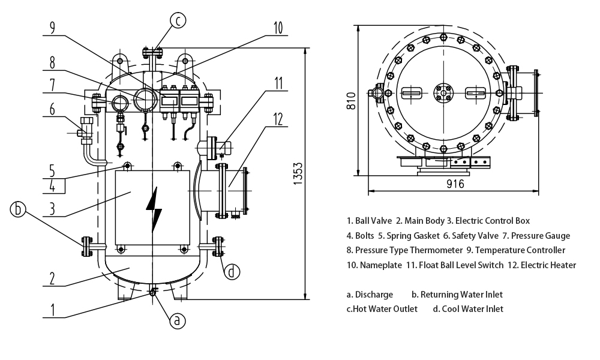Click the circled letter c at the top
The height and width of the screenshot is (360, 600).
point(178,21)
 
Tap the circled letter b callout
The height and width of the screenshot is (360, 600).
point(19,209)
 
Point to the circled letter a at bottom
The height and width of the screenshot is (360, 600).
point(176,320)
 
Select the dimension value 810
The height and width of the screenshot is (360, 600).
point(352,100)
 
